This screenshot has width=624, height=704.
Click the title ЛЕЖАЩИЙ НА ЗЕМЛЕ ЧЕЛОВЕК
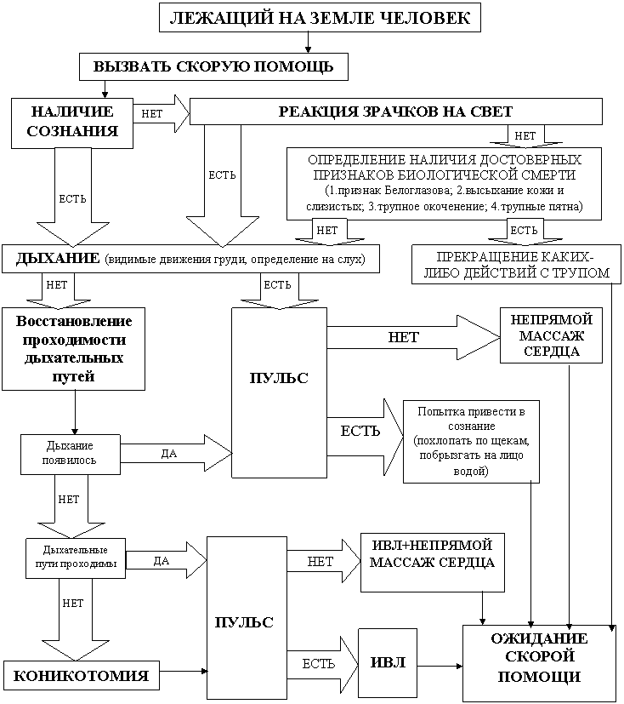point(321,18)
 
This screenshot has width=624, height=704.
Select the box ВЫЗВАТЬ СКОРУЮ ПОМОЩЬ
point(213,66)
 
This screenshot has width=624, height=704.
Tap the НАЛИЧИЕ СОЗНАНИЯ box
point(72,122)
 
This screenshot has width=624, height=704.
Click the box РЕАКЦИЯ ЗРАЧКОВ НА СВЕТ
point(396,112)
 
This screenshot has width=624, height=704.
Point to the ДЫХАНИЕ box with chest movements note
point(190,258)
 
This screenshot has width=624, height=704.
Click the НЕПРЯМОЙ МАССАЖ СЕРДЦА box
point(552,335)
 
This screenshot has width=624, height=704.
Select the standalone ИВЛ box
point(388,663)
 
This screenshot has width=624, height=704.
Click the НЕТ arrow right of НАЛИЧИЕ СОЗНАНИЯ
point(158,113)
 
